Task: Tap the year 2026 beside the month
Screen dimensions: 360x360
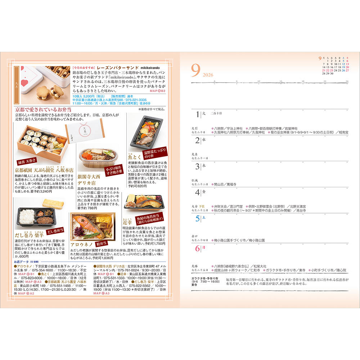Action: coord(208,75)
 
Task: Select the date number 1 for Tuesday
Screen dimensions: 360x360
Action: coord(197,114)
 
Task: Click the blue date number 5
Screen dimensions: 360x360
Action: coord(197,218)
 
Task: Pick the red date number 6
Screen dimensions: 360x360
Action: coord(197,248)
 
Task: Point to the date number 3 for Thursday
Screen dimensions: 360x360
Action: coord(197,166)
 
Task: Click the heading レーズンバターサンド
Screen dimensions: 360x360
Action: coord(114,67)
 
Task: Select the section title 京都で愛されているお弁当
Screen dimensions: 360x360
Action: coord(43,109)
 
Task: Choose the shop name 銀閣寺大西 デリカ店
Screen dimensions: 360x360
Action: coord(90,180)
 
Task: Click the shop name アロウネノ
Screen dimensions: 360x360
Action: coord(83,244)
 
